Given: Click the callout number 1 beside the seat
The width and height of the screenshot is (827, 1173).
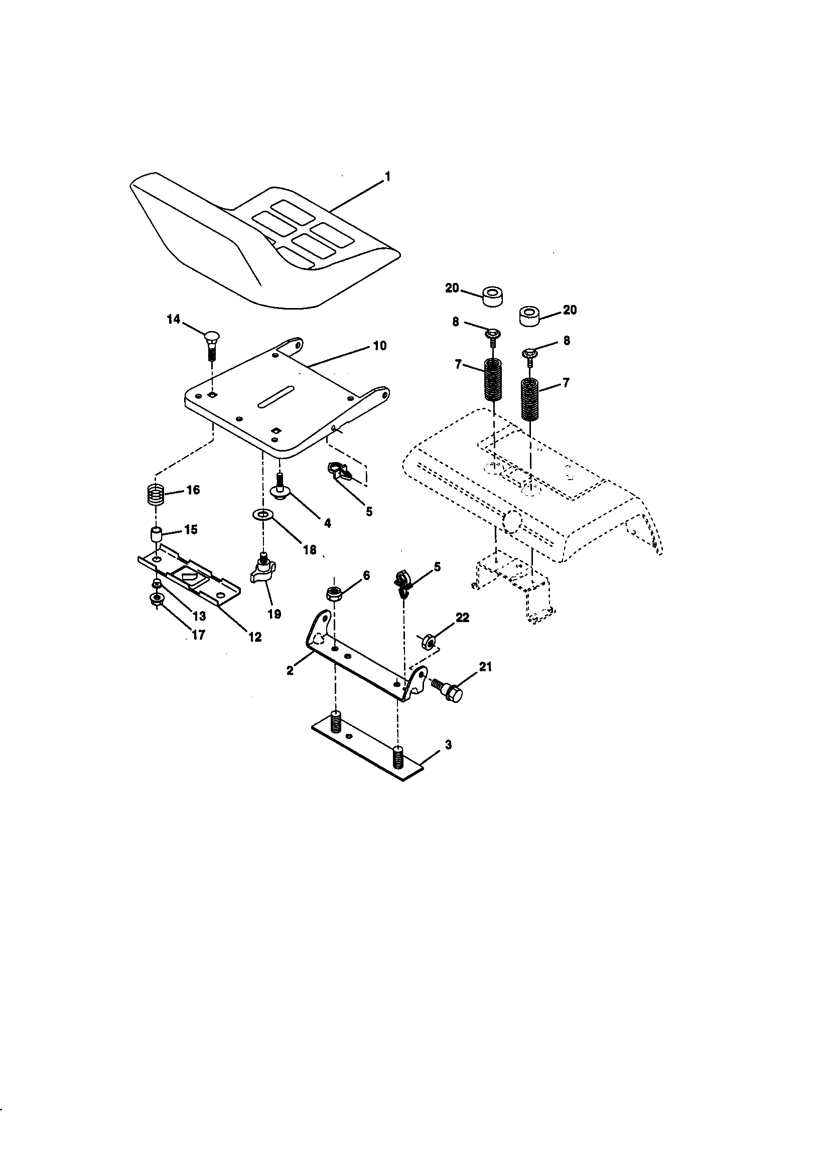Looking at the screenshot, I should coord(387,177).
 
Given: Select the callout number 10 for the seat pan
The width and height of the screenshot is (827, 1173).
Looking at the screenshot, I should coord(379,346).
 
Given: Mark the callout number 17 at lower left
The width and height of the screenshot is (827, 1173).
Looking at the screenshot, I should coord(198,635).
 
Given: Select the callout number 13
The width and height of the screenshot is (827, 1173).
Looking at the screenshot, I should coord(199,616).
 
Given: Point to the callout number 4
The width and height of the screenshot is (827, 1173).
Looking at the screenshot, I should coord(327,523).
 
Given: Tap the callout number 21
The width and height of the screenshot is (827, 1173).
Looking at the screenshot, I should coord(485,666).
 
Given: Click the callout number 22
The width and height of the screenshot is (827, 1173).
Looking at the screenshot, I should coord(462,617).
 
